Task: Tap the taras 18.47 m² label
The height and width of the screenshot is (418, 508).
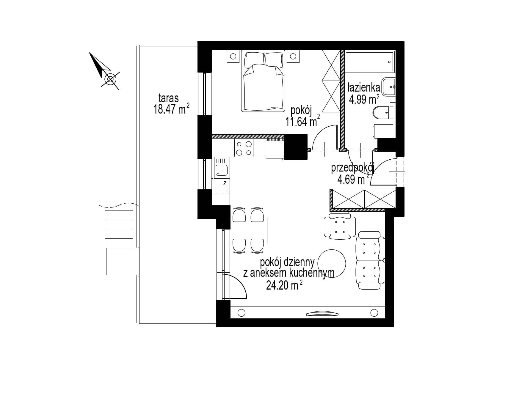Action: (171, 104)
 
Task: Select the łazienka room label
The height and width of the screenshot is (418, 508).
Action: (364, 88)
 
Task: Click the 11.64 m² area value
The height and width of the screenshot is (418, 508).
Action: (303, 121)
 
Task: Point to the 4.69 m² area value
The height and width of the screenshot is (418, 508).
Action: (353, 179)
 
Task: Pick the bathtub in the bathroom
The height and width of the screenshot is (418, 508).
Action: (370, 62)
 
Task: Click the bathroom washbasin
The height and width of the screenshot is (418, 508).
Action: (388, 87)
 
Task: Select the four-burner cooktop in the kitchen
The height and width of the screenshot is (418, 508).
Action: (244, 148)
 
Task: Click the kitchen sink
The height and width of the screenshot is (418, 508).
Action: (221, 170)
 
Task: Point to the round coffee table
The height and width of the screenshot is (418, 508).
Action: (332, 263)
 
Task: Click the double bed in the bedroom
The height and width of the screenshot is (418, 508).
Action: (263, 82)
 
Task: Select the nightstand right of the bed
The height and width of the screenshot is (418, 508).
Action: (293, 56)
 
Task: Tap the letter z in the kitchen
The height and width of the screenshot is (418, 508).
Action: (225, 183)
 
